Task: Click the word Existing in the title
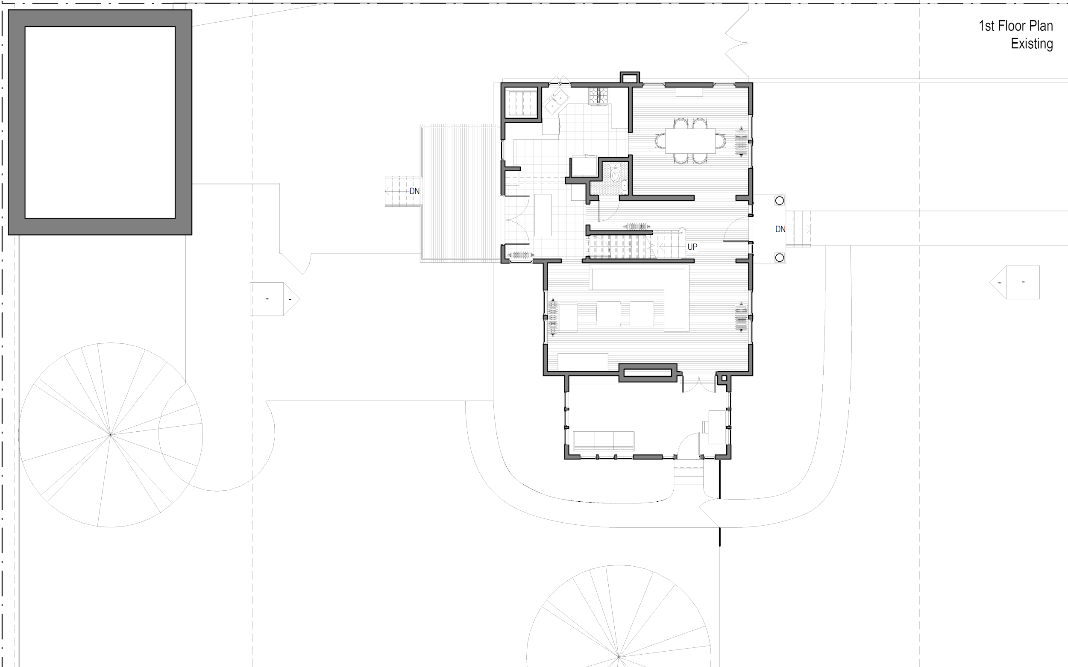coord(1031,44)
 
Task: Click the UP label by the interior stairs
coord(692,247)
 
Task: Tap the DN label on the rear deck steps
coord(414,191)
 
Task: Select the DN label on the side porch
coord(780,229)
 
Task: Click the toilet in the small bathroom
coord(615,176)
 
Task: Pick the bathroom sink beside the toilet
coord(625,186)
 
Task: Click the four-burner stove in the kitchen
coord(599,96)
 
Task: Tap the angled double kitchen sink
coord(556,101)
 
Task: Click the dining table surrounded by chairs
coord(690,141)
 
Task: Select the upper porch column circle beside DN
coord(779,201)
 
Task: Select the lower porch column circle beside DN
coord(779,257)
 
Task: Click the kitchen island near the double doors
coord(543,215)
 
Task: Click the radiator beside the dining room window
coord(740,142)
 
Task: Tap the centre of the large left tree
coord(110,435)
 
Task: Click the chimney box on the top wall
coord(630,78)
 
